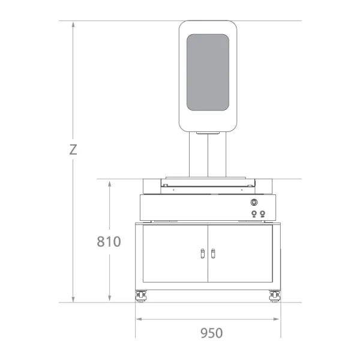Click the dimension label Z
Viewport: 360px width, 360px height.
(73, 149)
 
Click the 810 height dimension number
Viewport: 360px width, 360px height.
(109, 241)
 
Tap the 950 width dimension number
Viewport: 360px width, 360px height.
(212, 333)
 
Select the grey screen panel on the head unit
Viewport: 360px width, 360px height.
(208, 73)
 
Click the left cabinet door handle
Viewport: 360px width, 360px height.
(203, 253)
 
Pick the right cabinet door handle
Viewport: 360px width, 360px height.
(213, 253)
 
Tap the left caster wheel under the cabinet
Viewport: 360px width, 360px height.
(140, 296)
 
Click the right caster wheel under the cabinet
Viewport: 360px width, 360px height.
(275, 296)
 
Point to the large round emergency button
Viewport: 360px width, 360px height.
(254, 202)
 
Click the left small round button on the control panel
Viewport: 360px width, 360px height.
(254, 214)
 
